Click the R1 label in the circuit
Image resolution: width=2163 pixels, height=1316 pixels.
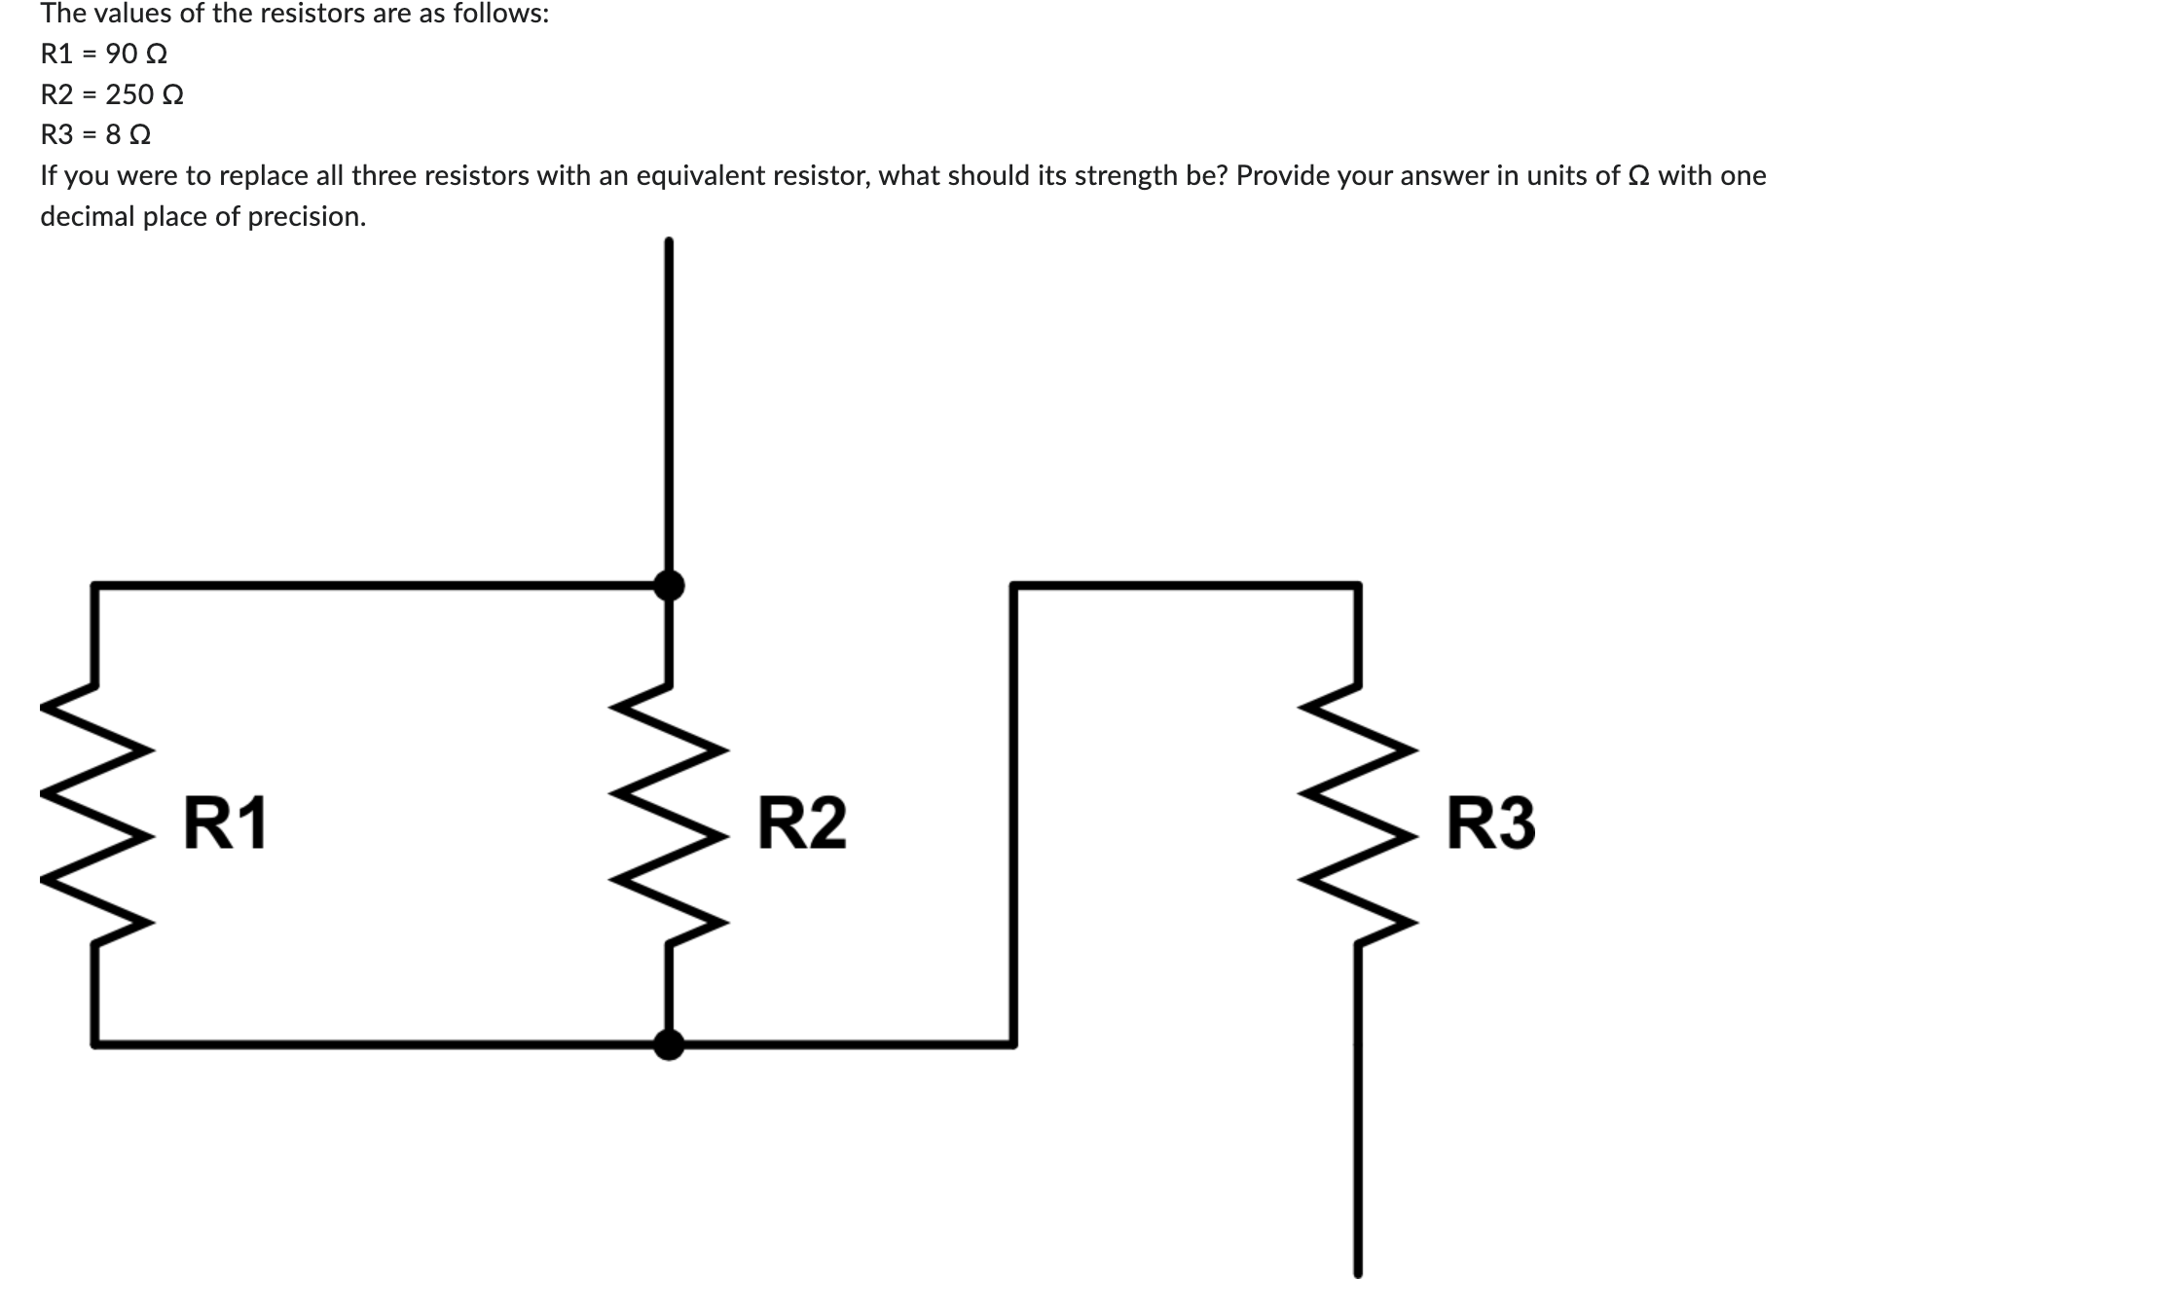(x=225, y=822)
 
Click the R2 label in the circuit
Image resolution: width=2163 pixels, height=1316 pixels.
(x=801, y=822)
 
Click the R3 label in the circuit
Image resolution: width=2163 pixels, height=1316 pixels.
(x=1490, y=822)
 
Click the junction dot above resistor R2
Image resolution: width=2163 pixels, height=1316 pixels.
(x=668, y=585)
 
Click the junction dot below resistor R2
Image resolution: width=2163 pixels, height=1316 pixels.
(x=668, y=1044)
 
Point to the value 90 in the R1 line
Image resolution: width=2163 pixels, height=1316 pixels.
(x=121, y=54)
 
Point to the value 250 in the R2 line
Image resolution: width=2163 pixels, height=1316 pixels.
(x=129, y=94)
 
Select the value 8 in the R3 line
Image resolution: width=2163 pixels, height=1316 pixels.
(x=113, y=134)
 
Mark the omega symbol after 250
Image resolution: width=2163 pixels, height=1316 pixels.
(x=173, y=94)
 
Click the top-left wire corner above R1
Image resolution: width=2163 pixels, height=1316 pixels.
(x=93, y=585)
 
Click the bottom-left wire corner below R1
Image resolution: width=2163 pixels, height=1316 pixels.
(x=93, y=1044)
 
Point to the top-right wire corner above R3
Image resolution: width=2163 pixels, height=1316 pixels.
(x=1358, y=585)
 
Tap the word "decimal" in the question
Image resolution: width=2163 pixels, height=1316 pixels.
(x=88, y=216)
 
